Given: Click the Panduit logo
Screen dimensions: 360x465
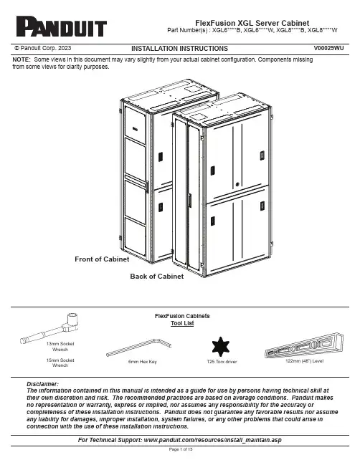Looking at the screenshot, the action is [62, 27].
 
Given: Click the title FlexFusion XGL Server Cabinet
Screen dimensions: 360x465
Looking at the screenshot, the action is [252, 23].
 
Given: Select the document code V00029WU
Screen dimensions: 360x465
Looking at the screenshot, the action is [328, 48].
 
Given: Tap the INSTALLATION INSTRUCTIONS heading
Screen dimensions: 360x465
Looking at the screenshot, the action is [179, 49].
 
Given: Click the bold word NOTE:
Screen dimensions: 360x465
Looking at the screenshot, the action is [22, 59].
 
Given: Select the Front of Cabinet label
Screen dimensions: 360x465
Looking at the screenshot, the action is [102, 259].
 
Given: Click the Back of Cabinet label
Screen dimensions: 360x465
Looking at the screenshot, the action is [157, 277].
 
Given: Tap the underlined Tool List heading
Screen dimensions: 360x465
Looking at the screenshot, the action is [182, 323].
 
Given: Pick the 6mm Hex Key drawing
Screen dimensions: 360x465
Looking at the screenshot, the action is [139, 347].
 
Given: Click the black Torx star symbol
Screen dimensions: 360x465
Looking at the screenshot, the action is [220, 346].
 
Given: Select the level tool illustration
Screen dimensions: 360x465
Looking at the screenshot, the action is [304, 345].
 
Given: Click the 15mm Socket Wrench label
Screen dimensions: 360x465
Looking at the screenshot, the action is [60, 363].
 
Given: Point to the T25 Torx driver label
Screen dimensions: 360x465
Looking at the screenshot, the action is [222, 362].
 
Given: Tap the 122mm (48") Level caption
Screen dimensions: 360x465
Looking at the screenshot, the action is [305, 361].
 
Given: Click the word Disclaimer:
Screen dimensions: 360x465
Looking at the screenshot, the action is [43, 384].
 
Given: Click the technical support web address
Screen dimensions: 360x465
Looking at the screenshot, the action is [212, 440].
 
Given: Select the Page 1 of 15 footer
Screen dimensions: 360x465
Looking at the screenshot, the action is [181, 449].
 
